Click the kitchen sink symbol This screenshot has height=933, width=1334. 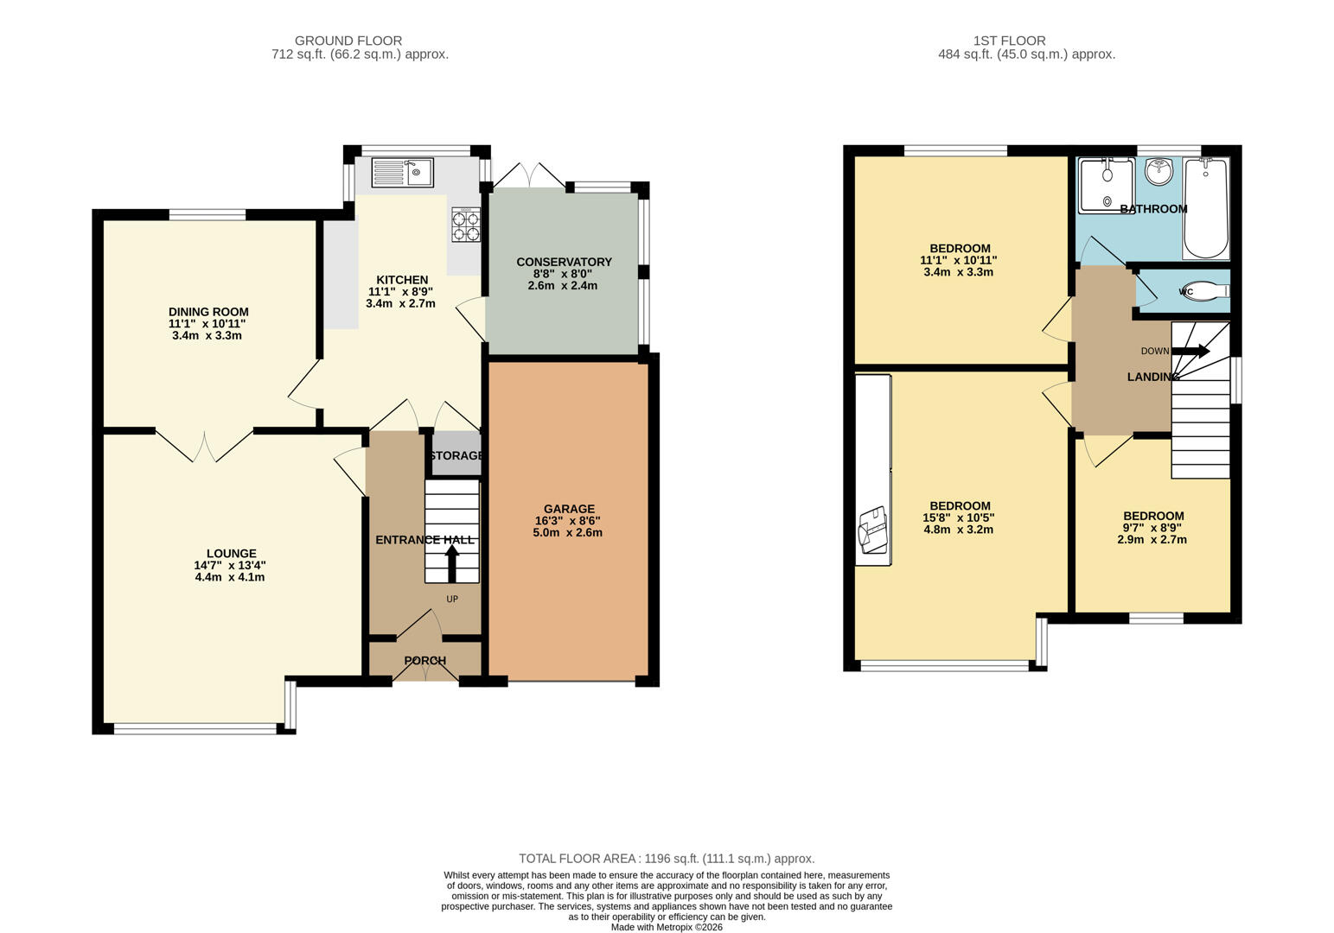point(402,173)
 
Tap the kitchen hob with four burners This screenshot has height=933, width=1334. point(466,225)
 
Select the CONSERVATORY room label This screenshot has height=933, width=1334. point(564,262)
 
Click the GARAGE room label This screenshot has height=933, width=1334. point(569,509)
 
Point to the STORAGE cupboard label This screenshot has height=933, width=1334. point(456,455)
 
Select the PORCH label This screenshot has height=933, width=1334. point(424,661)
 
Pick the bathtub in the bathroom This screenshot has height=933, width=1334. point(1205,208)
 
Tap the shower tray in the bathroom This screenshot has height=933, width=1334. point(1106,184)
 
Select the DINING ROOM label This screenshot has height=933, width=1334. point(208,312)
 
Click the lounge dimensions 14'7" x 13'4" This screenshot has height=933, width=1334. point(230,565)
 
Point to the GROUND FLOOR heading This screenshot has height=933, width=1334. point(348,41)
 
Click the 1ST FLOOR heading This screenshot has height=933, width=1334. point(1009,41)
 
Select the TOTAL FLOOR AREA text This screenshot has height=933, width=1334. point(667,859)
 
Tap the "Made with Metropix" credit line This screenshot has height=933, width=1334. point(667,927)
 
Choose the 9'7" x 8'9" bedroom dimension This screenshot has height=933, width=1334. point(1152,528)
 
